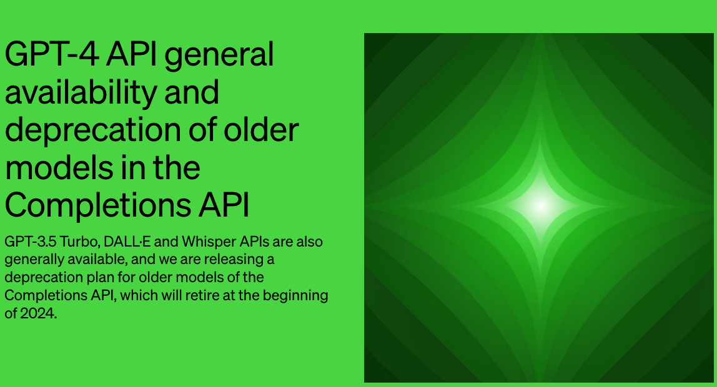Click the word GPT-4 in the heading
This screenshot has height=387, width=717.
tap(51, 54)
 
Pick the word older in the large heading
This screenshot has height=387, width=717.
tap(261, 129)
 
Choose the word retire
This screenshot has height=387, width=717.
tap(202, 295)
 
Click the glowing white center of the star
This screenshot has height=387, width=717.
tap(540, 206)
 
